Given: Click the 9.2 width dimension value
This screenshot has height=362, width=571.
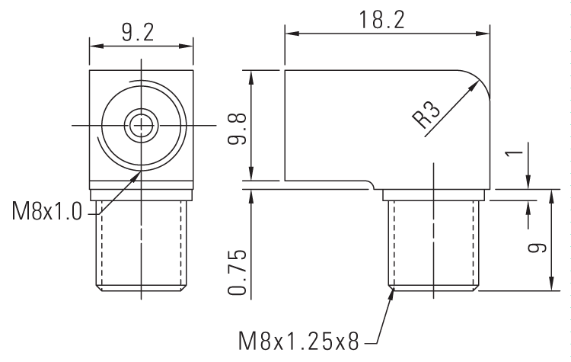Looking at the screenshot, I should tap(138, 32).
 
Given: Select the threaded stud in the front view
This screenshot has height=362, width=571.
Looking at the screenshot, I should tap(142, 244).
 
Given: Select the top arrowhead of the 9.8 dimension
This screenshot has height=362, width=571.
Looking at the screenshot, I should tap(250, 73).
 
